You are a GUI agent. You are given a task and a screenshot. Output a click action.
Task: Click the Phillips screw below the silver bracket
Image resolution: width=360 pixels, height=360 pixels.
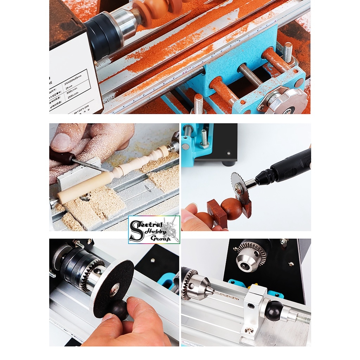click(x=249, y=330)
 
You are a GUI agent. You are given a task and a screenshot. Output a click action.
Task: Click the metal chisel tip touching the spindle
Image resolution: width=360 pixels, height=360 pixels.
click(x=102, y=168)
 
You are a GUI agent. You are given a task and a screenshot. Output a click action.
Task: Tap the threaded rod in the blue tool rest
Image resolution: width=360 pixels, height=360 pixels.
click(x=250, y=75)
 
